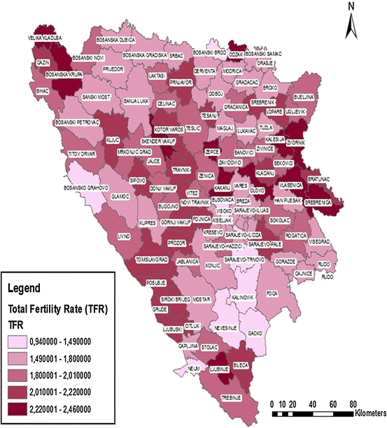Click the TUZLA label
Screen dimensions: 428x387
[x=265, y=128]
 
